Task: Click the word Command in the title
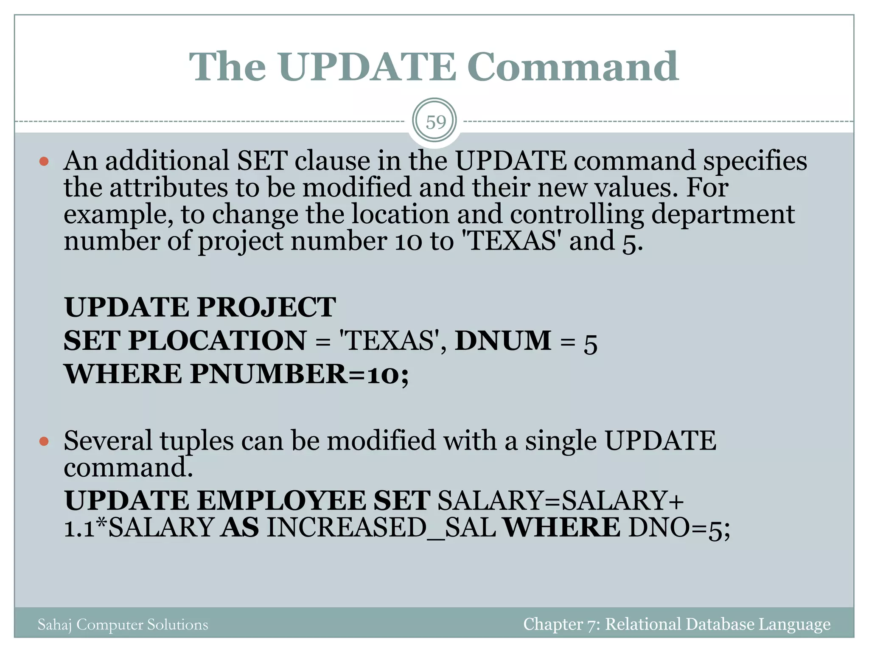click(573, 67)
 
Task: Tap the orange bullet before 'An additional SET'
click(44, 161)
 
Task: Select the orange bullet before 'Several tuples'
click(44, 441)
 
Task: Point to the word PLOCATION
click(217, 341)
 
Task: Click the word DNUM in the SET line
click(503, 341)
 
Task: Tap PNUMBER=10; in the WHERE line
click(299, 374)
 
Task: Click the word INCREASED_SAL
click(381, 528)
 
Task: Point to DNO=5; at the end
click(679, 528)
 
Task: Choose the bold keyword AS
click(240, 528)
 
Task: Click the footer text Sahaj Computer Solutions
click(123, 624)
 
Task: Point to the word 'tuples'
click(196, 441)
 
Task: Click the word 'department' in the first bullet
click(723, 214)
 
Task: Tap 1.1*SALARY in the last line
click(139, 528)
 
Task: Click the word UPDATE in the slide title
click(367, 67)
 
